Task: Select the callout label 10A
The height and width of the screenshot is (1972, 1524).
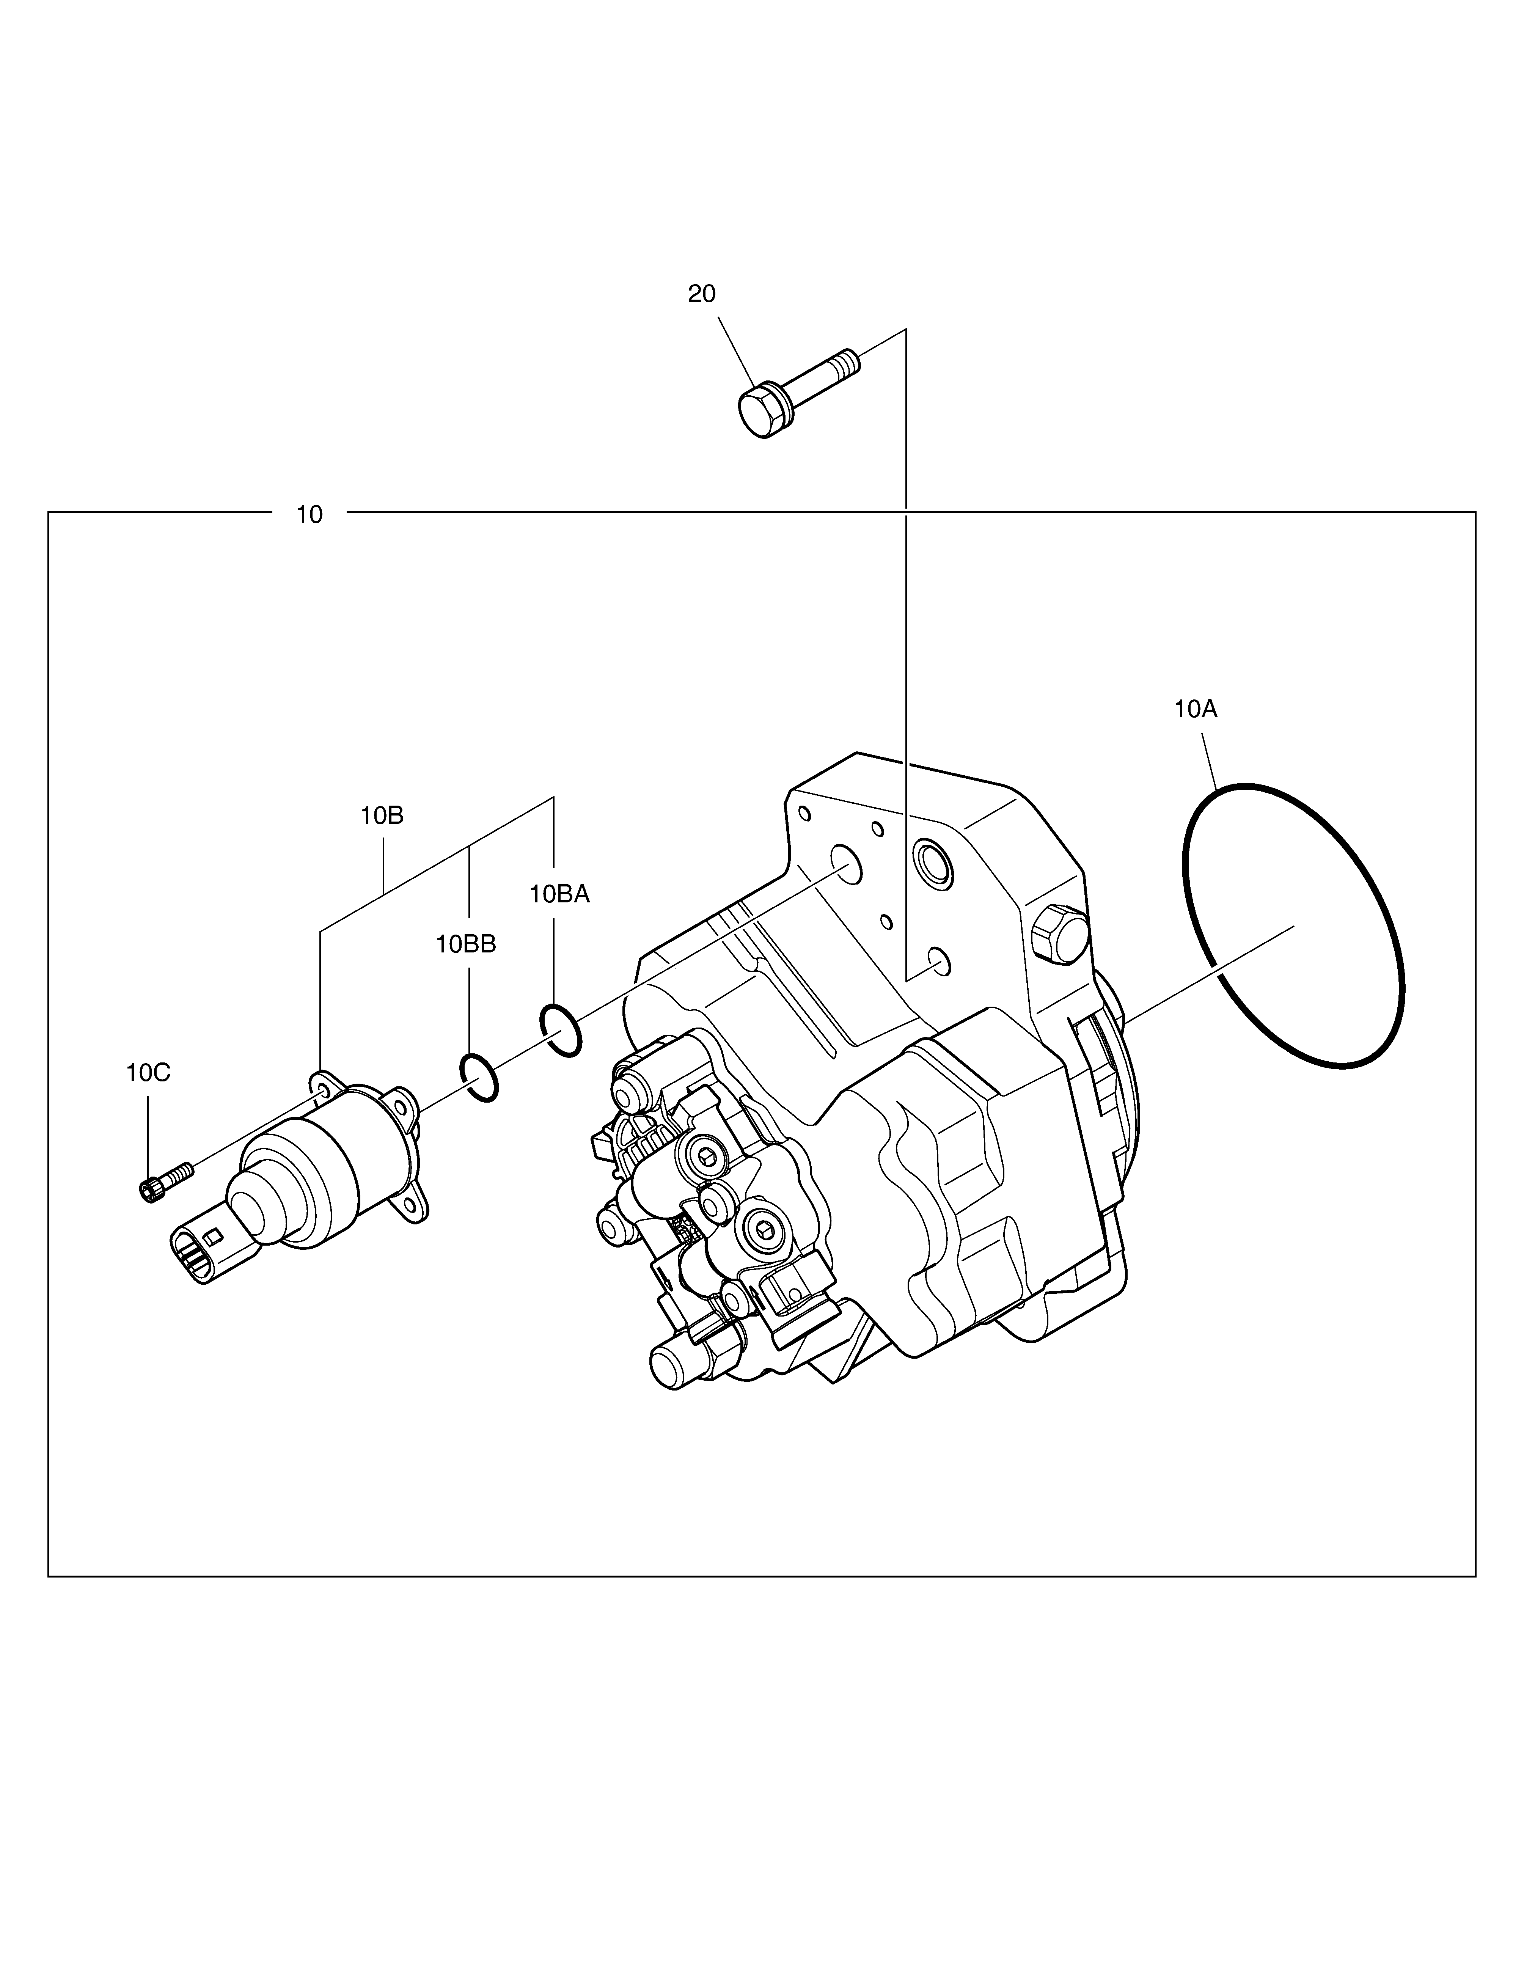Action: pyautogui.click(x=1196, y=710)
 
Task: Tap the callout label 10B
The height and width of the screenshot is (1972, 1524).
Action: pyautogui.click(x=382, y=816)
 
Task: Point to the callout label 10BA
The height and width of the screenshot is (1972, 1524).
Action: pyautogui.click(x=559, y=894)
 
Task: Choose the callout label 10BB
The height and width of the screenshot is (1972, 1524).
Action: pyautogui.click(x=466, y=944)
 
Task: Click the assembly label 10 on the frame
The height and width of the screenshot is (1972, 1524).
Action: pyautogui.click(x=309, y=515)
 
